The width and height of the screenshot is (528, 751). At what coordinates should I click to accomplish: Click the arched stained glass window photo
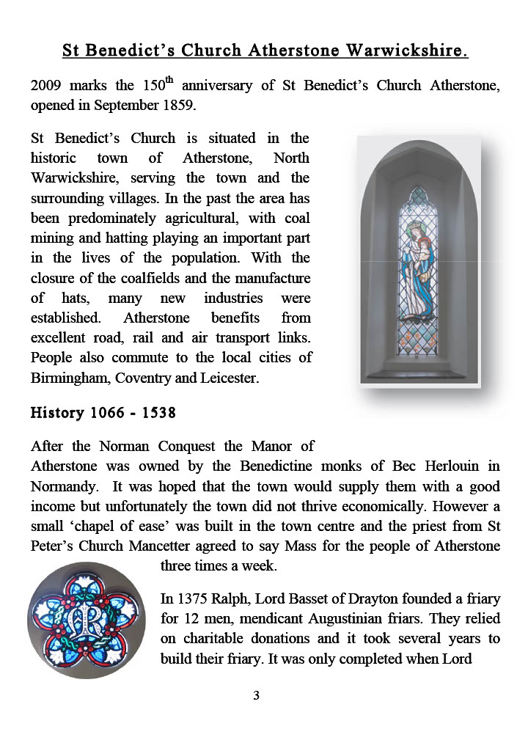pyautogui.click(x=417, y=260)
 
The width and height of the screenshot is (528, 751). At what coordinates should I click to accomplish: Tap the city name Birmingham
pyautogui.click(x=67, y=378)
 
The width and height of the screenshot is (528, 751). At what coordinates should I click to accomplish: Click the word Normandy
pyautogui.click(x=62, y=486)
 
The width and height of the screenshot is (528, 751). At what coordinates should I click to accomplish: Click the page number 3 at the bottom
pyautogui.click(x=256, y=696)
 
